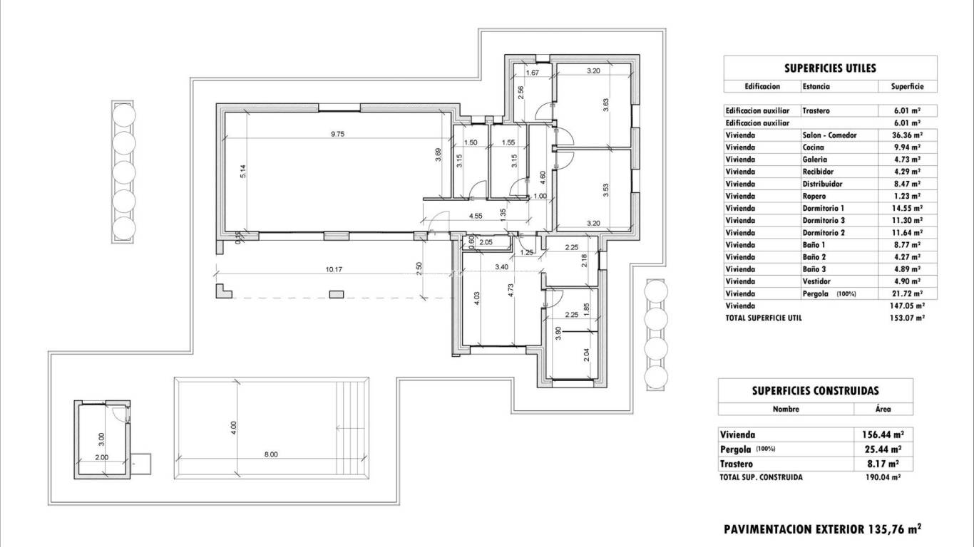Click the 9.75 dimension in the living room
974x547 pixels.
337,133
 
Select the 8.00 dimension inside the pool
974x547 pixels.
271,454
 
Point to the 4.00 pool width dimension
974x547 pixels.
233,429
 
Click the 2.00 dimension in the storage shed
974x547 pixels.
101,457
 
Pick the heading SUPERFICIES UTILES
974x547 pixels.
830,68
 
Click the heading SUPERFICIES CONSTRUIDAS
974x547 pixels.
815,390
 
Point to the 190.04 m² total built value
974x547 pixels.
882,477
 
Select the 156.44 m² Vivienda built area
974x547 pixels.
882,434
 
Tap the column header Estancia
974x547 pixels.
816,86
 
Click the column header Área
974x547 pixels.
883,410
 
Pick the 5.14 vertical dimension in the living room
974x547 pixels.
242,171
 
